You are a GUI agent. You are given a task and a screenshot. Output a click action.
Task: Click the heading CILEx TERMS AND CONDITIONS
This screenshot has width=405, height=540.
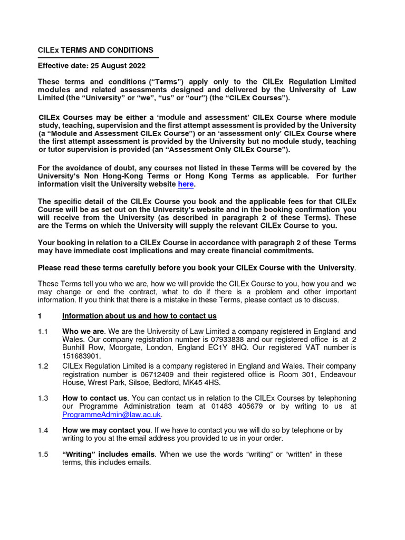click(x=95, y=50)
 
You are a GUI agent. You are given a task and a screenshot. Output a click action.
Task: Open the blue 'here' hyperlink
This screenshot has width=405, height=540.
click(x=186, y=184)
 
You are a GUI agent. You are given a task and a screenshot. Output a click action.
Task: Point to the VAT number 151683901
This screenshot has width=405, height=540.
click(x=79, y=356)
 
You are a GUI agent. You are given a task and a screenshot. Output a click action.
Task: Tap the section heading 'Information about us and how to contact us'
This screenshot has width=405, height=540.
click(x=139, y=316)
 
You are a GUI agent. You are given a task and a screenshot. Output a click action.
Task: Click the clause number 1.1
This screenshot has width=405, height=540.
click(x=43, y=331)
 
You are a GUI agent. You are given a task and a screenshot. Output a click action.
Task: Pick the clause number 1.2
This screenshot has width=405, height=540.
click(x=43, y=366)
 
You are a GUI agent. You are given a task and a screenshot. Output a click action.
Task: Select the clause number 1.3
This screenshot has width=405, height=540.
click(x=43, y=398)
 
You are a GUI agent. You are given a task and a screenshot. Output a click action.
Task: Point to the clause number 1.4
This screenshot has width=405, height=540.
click(x=43, y=430)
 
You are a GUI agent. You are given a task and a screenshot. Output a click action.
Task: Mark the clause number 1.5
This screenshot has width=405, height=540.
click(x=43, y=454)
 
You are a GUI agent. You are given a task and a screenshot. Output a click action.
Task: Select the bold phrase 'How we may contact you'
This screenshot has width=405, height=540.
click(x=106, y=430)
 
